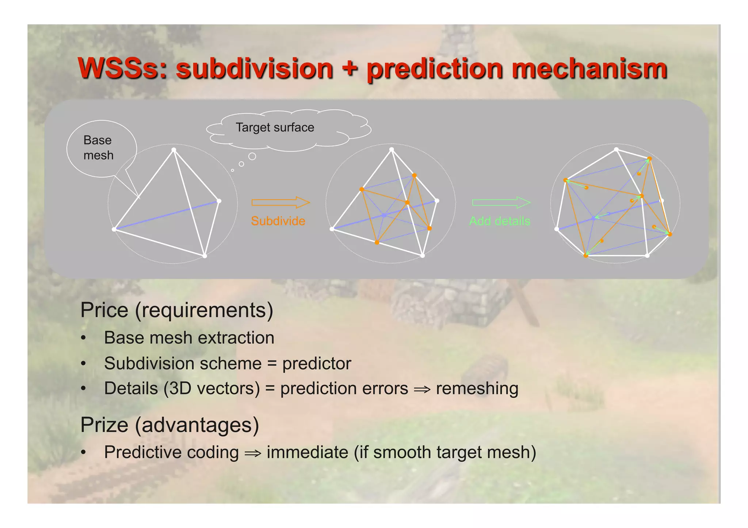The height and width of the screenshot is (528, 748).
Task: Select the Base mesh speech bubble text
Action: [98, 148]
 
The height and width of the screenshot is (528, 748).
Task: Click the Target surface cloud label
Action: [275, 127]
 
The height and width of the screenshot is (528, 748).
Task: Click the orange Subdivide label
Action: [278, 221]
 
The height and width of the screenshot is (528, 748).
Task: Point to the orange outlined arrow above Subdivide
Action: [280, 203]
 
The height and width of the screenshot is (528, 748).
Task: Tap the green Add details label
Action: [499, 221]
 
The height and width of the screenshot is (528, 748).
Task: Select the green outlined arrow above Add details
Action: [501, 203]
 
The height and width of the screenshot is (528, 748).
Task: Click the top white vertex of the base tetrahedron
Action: [174, 150]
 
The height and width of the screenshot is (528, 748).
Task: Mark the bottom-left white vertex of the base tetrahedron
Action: [114, 229]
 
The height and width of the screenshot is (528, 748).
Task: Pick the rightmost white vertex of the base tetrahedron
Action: [219, 201]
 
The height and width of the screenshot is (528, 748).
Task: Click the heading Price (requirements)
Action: [177, 310]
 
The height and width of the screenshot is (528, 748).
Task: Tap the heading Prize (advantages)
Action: [169, 425]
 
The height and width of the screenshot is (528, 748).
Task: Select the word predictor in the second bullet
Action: [316, 363]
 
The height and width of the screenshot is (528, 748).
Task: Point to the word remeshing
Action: [477, 388]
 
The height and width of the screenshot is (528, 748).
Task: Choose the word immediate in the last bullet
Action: [307, 452]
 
